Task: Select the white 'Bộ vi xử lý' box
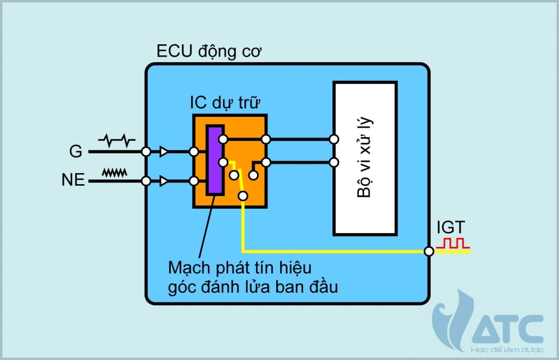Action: pos(365,158)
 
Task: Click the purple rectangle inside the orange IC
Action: pos(215,160)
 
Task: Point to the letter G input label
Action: pos(76,152)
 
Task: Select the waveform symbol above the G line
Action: pos(116,141)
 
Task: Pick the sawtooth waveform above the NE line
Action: pos(115,172)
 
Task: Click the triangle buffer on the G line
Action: pos(163,152)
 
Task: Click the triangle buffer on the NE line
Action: pos(163,181)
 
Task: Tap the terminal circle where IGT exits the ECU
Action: pos(429,251)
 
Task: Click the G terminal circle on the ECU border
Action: pos(146,152)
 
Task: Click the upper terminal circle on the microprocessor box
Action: pos(334,139)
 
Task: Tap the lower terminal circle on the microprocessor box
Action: pos(334,162)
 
